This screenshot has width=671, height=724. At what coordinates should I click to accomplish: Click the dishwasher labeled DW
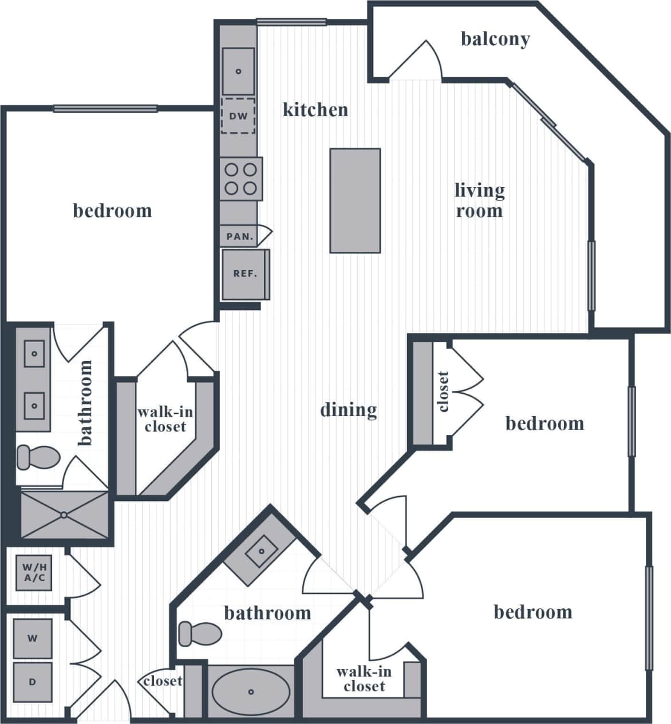pyautogui.click(x=238, y=116)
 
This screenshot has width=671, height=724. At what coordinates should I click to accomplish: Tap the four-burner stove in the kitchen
pyautogui.click(x=240, y=179)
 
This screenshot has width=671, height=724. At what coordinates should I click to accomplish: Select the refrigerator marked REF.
pyautogui.click(x=244, y=274)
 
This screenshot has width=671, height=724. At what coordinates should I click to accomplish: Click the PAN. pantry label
pyautogui.click(x=239, y=236)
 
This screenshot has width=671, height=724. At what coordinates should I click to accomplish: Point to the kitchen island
pyautogui.click(x=355, y=200)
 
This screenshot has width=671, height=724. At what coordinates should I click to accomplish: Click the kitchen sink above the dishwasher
pyautogui.click(x=238, y=72)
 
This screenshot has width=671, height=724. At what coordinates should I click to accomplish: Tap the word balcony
pyautogui.click(x=495, y=39)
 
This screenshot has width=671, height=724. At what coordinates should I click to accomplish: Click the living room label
pyautogui.click(x=479, y=200)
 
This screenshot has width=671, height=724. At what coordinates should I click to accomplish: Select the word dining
pyautogui.click(x=348, y=410)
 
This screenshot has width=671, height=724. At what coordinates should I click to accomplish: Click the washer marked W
pyautogui.click(x=33, y=638)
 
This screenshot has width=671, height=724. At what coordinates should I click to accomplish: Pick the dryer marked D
pyautogui.click(x=33, y=682)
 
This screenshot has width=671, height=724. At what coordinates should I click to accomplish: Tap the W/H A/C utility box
pyautogui.click(x=34, y=572)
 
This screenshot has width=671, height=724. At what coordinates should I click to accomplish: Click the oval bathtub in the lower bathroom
pyautogui.click(x=251, y=692)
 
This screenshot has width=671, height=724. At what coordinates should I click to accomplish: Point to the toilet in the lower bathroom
pyautogui.click(x=199, y=634)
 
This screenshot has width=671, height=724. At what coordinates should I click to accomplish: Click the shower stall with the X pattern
pyautogui.click(x=64, y=515)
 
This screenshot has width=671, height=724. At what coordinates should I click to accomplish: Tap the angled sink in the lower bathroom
pyautogui.click(x=261, y=552)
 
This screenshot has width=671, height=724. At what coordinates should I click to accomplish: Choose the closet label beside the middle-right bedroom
pyautogui.click(x=443, y=392)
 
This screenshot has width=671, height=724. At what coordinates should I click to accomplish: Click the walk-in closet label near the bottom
pyautogui.click(x=364, y=679)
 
